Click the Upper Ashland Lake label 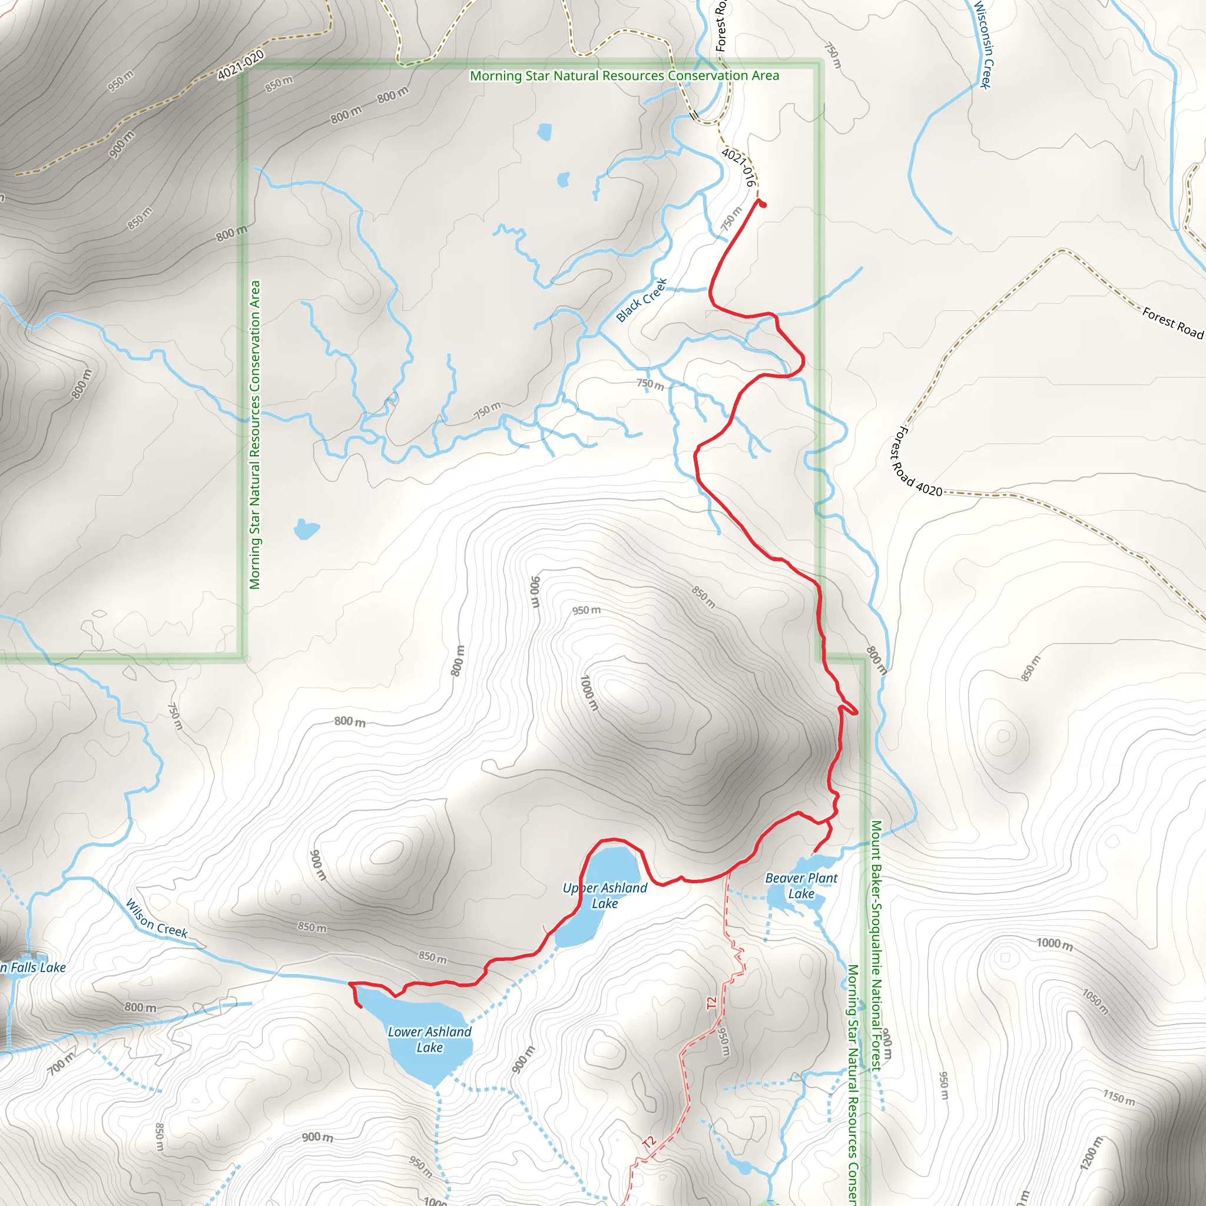pos(604,896)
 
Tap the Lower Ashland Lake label pos(429,1039)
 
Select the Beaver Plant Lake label pos(801,886)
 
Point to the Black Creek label pos(641,300)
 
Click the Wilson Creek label pos(156,918)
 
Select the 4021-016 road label pos(739,167)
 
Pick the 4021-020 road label pos(241,65)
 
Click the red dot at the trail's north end pos(763,204)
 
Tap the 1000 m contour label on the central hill pos(589,693)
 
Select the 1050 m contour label pos(1095,1002)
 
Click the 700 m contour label pos(61,1063)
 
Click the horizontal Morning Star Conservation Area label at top pos(624,76)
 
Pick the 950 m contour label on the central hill pos(586,610)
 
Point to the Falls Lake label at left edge pos(34,968)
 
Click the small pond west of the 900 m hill pos(305,529)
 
